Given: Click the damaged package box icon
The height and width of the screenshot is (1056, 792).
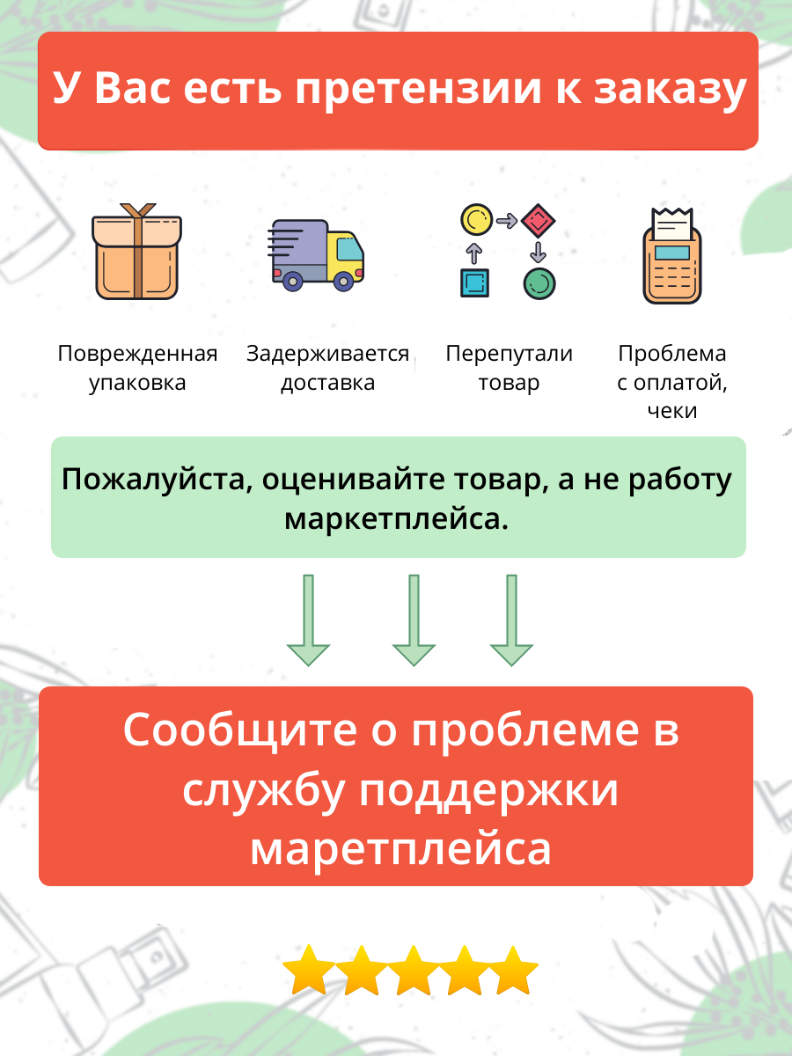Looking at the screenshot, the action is click(x=136, y=253).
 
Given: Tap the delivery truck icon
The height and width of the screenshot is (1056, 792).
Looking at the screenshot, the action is click(x=317, y=253).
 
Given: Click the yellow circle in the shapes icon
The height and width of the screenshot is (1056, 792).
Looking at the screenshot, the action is click(x=476, y=217).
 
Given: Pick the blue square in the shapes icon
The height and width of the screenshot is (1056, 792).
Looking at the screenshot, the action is click(x=474, y=282).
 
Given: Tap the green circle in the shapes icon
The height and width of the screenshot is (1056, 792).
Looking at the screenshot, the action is click(x=539, y=282).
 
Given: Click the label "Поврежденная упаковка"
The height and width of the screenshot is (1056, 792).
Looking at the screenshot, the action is click(x=137, y=368).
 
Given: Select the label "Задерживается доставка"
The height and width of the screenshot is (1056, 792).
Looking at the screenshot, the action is click(x=327, y=368).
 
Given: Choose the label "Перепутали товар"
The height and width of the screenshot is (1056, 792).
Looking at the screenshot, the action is click(x=509, y=368).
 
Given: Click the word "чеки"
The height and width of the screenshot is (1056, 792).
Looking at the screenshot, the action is click(x=671, y=410).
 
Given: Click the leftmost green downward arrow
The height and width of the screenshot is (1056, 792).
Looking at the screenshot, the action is click(x=308, y=620).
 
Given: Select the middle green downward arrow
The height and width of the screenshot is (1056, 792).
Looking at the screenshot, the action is click(x=414, y=620).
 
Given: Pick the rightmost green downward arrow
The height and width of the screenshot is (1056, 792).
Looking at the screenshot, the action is click(x=511, y=620).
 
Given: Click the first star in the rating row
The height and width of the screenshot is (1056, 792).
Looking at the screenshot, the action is click(x=308, y=972).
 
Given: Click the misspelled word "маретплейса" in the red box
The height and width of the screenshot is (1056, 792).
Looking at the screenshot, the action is click(x=400, y=848).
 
